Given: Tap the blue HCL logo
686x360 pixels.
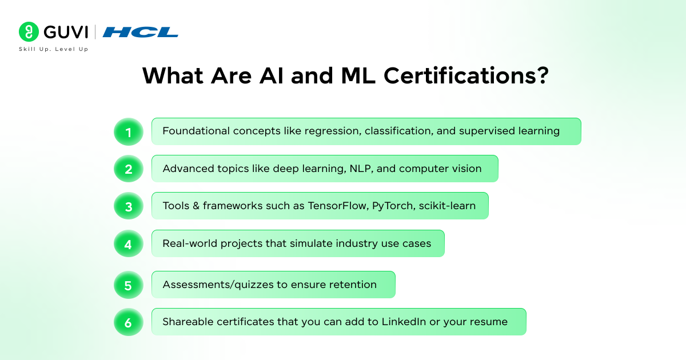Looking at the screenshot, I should (x=141, y=32).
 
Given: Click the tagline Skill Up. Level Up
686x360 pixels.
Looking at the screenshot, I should (x=54, y=49).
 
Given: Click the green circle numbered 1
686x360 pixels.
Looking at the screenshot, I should (x=128, y=133).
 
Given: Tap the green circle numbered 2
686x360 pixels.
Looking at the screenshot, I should (x=128, y=169).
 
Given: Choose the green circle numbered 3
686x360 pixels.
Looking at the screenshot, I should (x=128, y=206).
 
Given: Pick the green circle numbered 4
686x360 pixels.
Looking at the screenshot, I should (x=128, y=244).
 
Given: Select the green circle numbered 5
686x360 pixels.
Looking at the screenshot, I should (x=128, y=285).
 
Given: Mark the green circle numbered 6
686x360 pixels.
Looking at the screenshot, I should (x=128, y=323).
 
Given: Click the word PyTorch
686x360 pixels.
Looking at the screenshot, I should (x=393, y=206).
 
